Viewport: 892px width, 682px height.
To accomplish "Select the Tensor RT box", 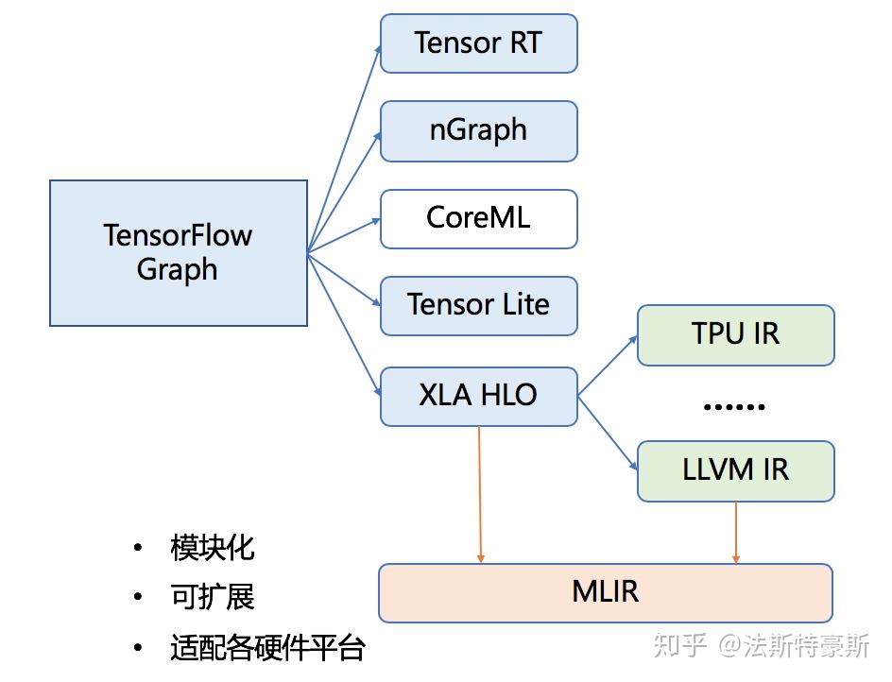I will (478, 43).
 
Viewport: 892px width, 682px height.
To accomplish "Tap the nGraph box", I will (478, 130).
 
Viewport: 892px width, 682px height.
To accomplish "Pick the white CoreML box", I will (478, 218).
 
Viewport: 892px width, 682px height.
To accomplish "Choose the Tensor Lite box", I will (478, 305).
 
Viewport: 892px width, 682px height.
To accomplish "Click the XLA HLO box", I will (478, 396).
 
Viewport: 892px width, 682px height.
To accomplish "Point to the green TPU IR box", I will (735, 334).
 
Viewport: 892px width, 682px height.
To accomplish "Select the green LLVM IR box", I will (735, 470).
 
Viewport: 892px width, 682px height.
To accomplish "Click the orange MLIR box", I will (605, 592).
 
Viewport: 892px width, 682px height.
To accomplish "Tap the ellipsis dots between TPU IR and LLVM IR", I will (734, 406).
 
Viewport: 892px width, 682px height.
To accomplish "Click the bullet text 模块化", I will (213, 548).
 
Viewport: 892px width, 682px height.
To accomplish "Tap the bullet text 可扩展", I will (213, 597).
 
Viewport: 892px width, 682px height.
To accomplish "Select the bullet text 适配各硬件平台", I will (267, 648).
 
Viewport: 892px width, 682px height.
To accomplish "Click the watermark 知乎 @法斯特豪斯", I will (761, 646).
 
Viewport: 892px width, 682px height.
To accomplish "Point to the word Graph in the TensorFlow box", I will (178, 269).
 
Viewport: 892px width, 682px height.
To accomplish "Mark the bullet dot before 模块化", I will (138, 548).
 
